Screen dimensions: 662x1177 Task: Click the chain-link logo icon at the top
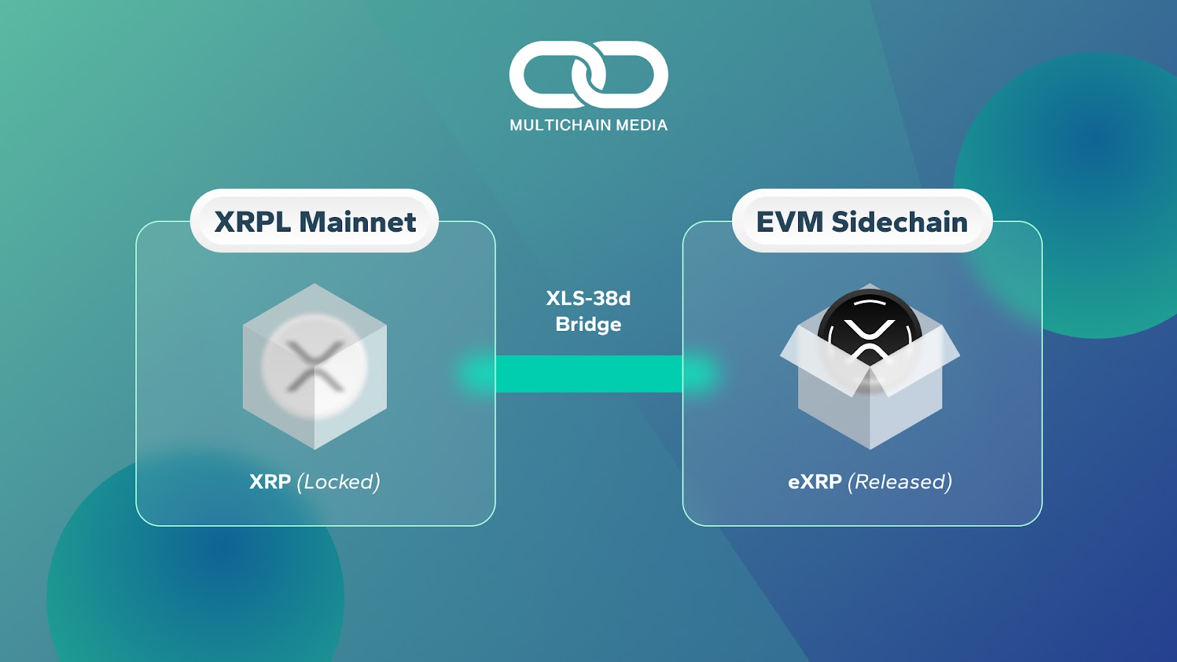coord(588,74)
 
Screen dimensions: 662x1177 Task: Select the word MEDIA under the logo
coord(641,126)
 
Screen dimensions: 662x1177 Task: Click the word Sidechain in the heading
coord(899,222)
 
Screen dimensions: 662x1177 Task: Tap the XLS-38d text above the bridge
coord(588,299)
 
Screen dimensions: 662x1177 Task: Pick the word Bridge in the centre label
coord(588,324)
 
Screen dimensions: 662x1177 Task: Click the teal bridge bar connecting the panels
coord(588,374)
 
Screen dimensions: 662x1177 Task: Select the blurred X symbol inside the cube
coord(315,366)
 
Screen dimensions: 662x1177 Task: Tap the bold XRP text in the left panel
coord(270,482)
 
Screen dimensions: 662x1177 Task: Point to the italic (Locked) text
coord(338,482)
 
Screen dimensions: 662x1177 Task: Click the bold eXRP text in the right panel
coord(815,482)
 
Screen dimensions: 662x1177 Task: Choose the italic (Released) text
coord(900,482)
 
